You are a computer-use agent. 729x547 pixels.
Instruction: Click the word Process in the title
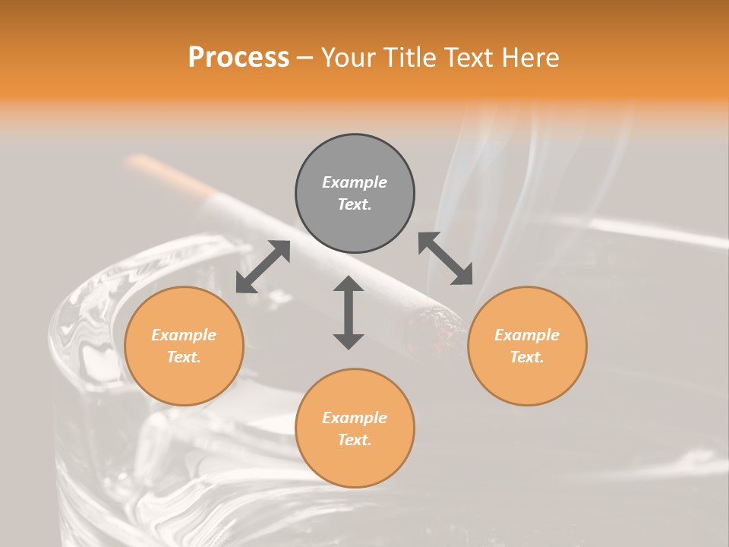[238, 58]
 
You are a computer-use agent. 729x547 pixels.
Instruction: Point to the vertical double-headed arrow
[349, 313]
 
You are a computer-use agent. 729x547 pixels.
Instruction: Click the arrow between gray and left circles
[263, 267]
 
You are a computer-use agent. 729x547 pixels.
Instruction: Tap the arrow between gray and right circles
[446, 258]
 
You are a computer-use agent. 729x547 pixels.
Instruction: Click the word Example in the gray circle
[355, 182]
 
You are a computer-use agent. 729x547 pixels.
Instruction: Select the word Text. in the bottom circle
[355, 440]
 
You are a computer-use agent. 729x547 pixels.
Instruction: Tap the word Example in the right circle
[527, 335]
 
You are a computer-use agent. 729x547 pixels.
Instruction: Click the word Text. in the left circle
[184, 357]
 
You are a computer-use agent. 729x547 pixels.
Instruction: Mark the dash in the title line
[305, 58]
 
